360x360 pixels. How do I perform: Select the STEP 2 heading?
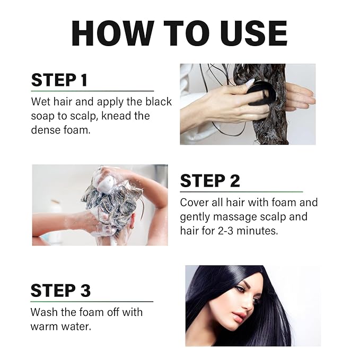pos(210,181)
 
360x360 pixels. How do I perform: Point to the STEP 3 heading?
pos(60,291)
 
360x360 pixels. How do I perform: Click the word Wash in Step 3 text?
pos(45,312)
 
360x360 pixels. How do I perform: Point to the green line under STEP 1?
pos(93,91)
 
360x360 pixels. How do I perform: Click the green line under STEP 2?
pos(241,191)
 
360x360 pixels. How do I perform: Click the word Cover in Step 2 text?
pos(194,203)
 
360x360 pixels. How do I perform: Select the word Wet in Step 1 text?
pos(41,102)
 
